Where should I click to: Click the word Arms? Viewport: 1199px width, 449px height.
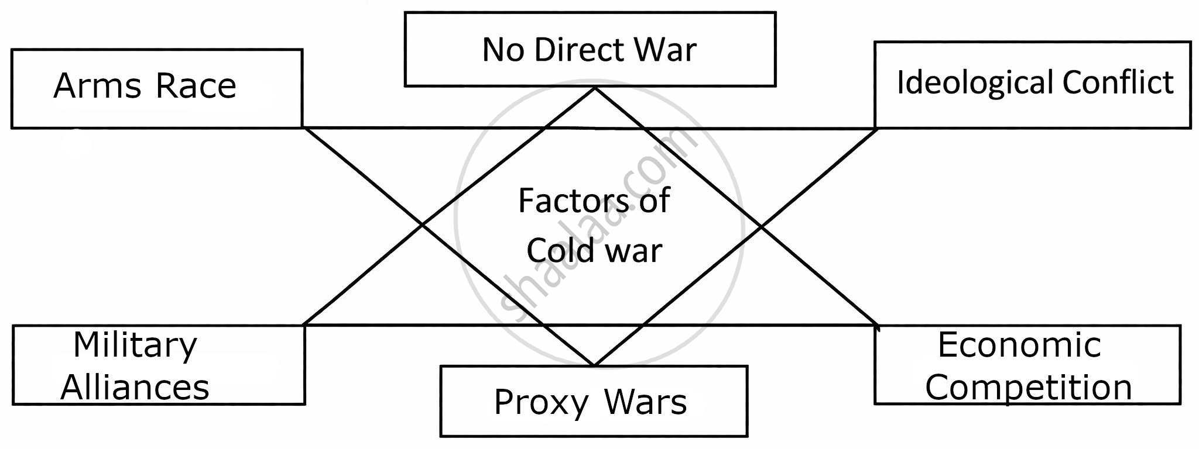97,86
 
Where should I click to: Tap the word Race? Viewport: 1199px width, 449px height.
196,86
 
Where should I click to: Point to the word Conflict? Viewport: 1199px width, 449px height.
1118,82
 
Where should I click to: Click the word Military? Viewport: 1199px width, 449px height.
135,346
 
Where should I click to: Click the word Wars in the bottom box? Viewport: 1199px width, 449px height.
646,403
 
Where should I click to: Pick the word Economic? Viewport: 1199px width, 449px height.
1019,345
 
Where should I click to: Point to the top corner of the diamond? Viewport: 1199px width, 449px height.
594,88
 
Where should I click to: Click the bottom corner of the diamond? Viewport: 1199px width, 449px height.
594,365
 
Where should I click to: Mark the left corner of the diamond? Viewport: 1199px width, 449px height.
423,224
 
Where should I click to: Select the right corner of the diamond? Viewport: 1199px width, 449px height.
761,226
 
